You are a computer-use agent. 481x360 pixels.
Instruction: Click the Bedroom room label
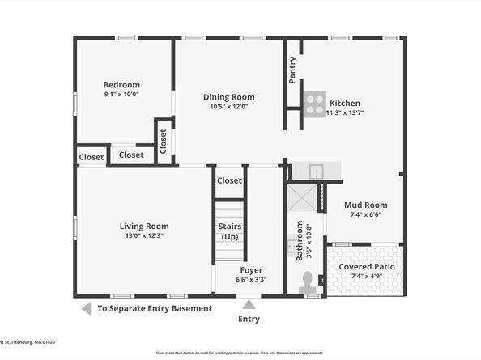(x=121, y=85)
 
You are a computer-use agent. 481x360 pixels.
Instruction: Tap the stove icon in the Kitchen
(x=315, y=104)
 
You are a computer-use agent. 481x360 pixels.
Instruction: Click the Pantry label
(x=292, y=70)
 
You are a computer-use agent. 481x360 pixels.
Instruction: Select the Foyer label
(x=251, y=269)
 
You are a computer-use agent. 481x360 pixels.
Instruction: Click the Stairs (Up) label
(x=229, y=231)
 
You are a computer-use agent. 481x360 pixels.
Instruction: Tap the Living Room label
(x=144, y=226)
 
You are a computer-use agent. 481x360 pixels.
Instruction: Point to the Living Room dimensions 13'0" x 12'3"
(x=144, y=236)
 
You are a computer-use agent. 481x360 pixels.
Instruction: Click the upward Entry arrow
(x=249, y=305)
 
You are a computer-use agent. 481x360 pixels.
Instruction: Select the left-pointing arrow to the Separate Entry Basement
(x=85, y=308)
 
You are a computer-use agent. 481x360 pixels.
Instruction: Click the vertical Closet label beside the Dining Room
(x=163, y=142)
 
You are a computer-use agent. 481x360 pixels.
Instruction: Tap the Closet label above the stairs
(x=229, y=181)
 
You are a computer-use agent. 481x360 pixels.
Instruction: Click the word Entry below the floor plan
(x=249, y=319)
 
